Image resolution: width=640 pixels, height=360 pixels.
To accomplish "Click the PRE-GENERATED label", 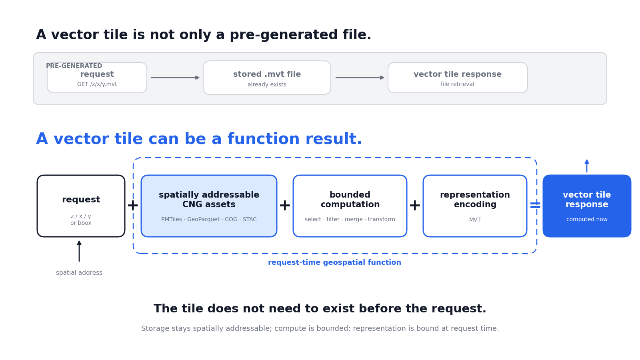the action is click(74, 66).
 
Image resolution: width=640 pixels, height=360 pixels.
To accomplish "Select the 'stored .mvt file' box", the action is click(267, 78).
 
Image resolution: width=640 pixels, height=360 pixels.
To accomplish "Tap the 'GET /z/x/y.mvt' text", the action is click(97, 84).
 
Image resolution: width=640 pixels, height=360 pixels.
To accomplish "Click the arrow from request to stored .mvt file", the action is click(175, 78).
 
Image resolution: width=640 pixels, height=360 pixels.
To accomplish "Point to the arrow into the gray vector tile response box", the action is click(360, 78).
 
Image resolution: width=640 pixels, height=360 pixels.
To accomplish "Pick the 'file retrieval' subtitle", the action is click(458, 84).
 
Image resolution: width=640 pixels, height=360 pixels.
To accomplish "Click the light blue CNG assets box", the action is click(209, 206).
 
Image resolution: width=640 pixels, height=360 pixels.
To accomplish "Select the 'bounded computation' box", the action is click(350, 206).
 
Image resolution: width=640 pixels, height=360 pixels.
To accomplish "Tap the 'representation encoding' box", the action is click(475, 206).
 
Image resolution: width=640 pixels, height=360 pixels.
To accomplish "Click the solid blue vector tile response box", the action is click(587, 206).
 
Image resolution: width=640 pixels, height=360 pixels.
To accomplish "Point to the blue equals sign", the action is click(535, 205).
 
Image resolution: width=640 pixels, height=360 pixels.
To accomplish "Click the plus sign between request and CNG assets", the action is click(133, 206).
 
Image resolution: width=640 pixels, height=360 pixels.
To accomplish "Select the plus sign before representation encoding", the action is click(415, 206).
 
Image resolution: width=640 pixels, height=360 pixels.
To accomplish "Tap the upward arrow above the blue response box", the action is click(587, 166).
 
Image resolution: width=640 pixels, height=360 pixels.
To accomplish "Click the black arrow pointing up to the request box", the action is click(79, 251).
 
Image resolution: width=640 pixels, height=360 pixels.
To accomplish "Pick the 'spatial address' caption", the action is click(79, 273).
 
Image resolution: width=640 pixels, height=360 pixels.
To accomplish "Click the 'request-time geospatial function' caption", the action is click(334, 262).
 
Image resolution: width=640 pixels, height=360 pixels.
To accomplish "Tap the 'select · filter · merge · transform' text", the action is click(350, 220).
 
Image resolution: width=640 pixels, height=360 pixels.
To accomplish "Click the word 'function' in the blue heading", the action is click(264, 139).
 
